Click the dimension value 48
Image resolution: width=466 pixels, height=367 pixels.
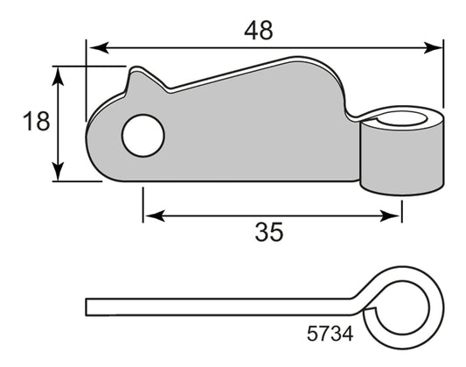(x=258, y=31)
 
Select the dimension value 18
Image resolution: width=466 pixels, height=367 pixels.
(x=36, y=122)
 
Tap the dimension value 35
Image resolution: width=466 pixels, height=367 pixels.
(x=269, y=232)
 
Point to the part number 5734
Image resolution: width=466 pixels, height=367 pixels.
(x=330, y=334)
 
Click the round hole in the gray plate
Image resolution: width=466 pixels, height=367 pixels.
(x=143, y=136)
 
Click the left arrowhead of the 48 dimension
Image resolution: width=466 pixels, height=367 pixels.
(x=99, y=47)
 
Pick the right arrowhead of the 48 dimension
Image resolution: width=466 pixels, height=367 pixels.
(x=434, y=47)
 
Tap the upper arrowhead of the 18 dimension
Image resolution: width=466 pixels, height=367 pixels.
(x=58, y=76)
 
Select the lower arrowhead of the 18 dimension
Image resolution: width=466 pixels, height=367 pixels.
(x=58, y=171)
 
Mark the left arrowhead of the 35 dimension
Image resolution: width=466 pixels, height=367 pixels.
(x=155, y=215)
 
